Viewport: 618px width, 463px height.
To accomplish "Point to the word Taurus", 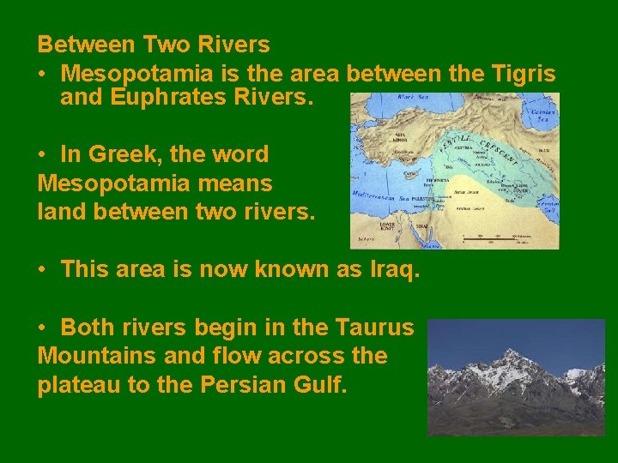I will (x=376, y=328).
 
